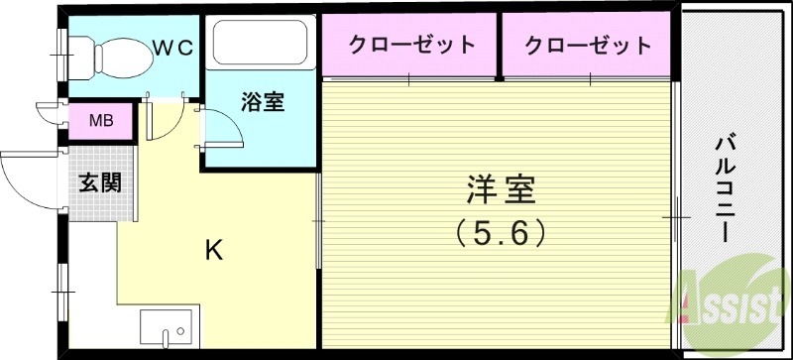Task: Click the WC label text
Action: pyautogui.click(x=176, y=46)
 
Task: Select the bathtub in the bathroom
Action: pyautogui.click(x=260, y=44)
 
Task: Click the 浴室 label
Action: pyautogui.click(x=264, y=102)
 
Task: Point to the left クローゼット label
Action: pyautogui.click(x=410, y=46)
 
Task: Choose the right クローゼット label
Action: pyautogui.click(x=589, y=46)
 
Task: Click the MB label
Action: pyautogui.click(x=101, y=122)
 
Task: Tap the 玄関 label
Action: pyautogui.click(x=100, y=184)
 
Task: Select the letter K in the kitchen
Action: pyautogui.click(x=213, y=250)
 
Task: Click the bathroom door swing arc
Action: pyautogui.click(x=223, y=124)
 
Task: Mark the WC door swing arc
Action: pyautogui.click(x=162, y=119)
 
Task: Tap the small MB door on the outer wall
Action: pyautogui.click(x=45, y=112)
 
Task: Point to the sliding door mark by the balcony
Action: pyautogui.click(x=678, y=214)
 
